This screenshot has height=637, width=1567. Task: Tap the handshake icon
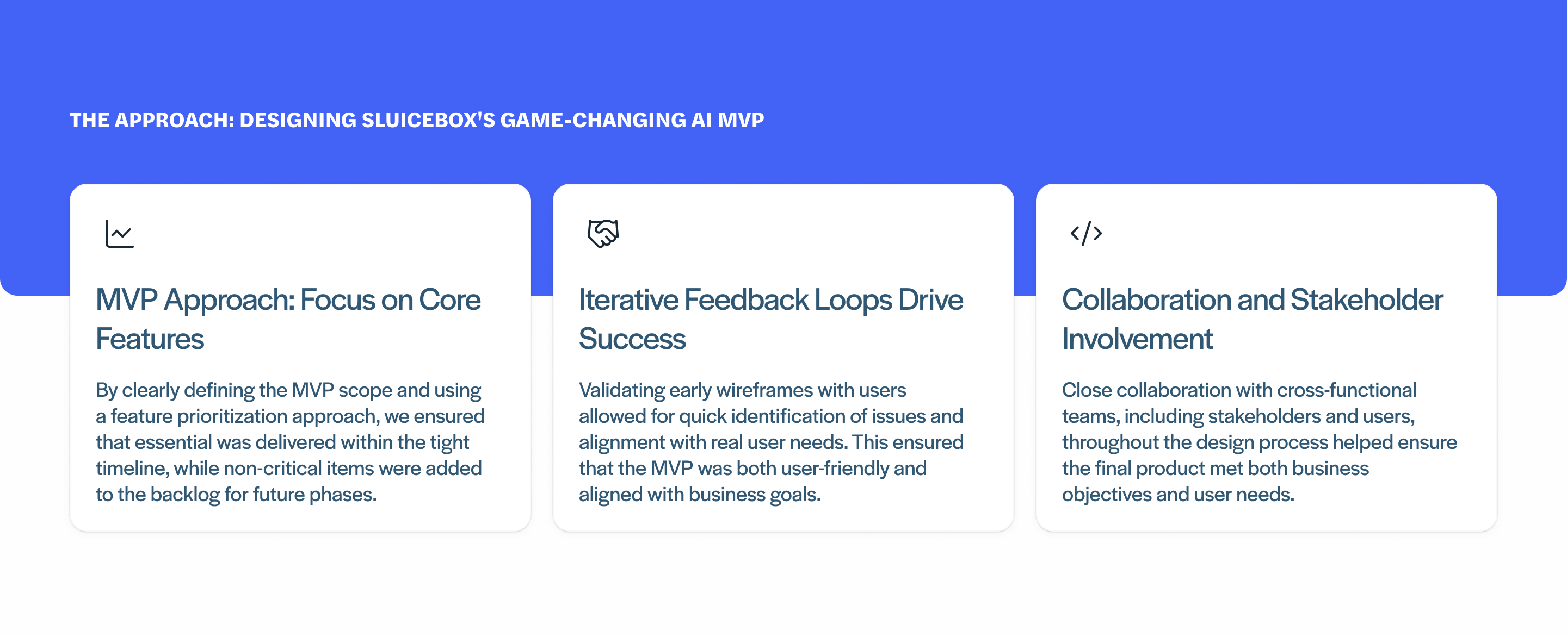coord(603,233)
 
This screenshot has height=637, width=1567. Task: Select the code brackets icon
coord(1086,233)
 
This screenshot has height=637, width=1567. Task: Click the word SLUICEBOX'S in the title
coord(428,120)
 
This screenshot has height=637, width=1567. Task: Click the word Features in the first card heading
coord(150,339)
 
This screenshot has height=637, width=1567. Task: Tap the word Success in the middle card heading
coord(632,339)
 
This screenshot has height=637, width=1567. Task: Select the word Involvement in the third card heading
coord(1137,339)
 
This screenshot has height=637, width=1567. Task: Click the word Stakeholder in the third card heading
coord(1366,300)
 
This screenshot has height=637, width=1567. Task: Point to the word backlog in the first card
coord(185,495)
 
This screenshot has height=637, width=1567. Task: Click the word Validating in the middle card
coord(621,390)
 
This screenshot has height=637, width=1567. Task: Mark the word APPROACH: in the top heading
coord(174,120)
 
